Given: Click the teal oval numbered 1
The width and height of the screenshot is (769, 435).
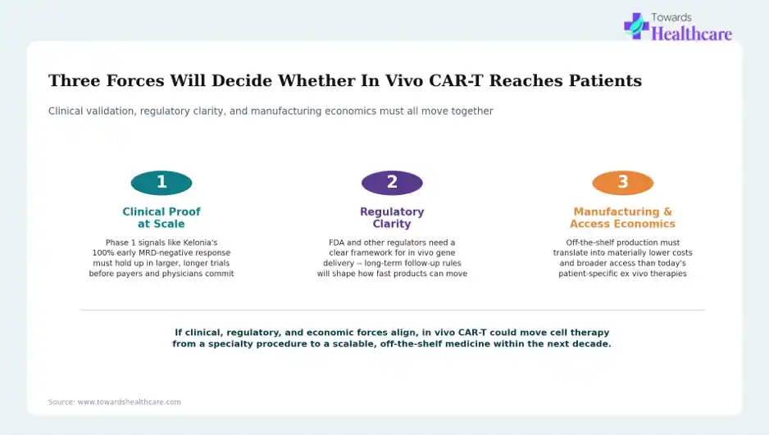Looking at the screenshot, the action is [x=162, y=183].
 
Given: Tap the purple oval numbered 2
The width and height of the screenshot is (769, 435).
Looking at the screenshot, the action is [x=392, y=183].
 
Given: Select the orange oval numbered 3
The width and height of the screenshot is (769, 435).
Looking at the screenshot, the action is [x=623, y=183].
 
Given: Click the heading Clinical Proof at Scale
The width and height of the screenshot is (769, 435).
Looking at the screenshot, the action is [x=162, y=218].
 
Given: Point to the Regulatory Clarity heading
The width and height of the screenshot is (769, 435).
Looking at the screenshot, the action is [x=392, y=218].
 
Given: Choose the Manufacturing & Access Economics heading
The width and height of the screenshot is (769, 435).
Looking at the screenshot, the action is [x=623, y=218].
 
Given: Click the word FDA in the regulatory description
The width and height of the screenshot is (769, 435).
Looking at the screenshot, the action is [x=337, y=242].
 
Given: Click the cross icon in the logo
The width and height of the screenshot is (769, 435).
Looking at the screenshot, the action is [x=636, y=26].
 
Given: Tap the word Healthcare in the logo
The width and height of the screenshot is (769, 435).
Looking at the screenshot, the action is [x=691, y=34].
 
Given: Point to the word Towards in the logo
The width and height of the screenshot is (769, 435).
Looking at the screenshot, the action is [x=671, y=18].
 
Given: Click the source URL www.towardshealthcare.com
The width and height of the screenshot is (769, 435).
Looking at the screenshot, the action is [x=129, y=402].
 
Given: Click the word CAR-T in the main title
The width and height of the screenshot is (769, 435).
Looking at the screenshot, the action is [x=456, y=80].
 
